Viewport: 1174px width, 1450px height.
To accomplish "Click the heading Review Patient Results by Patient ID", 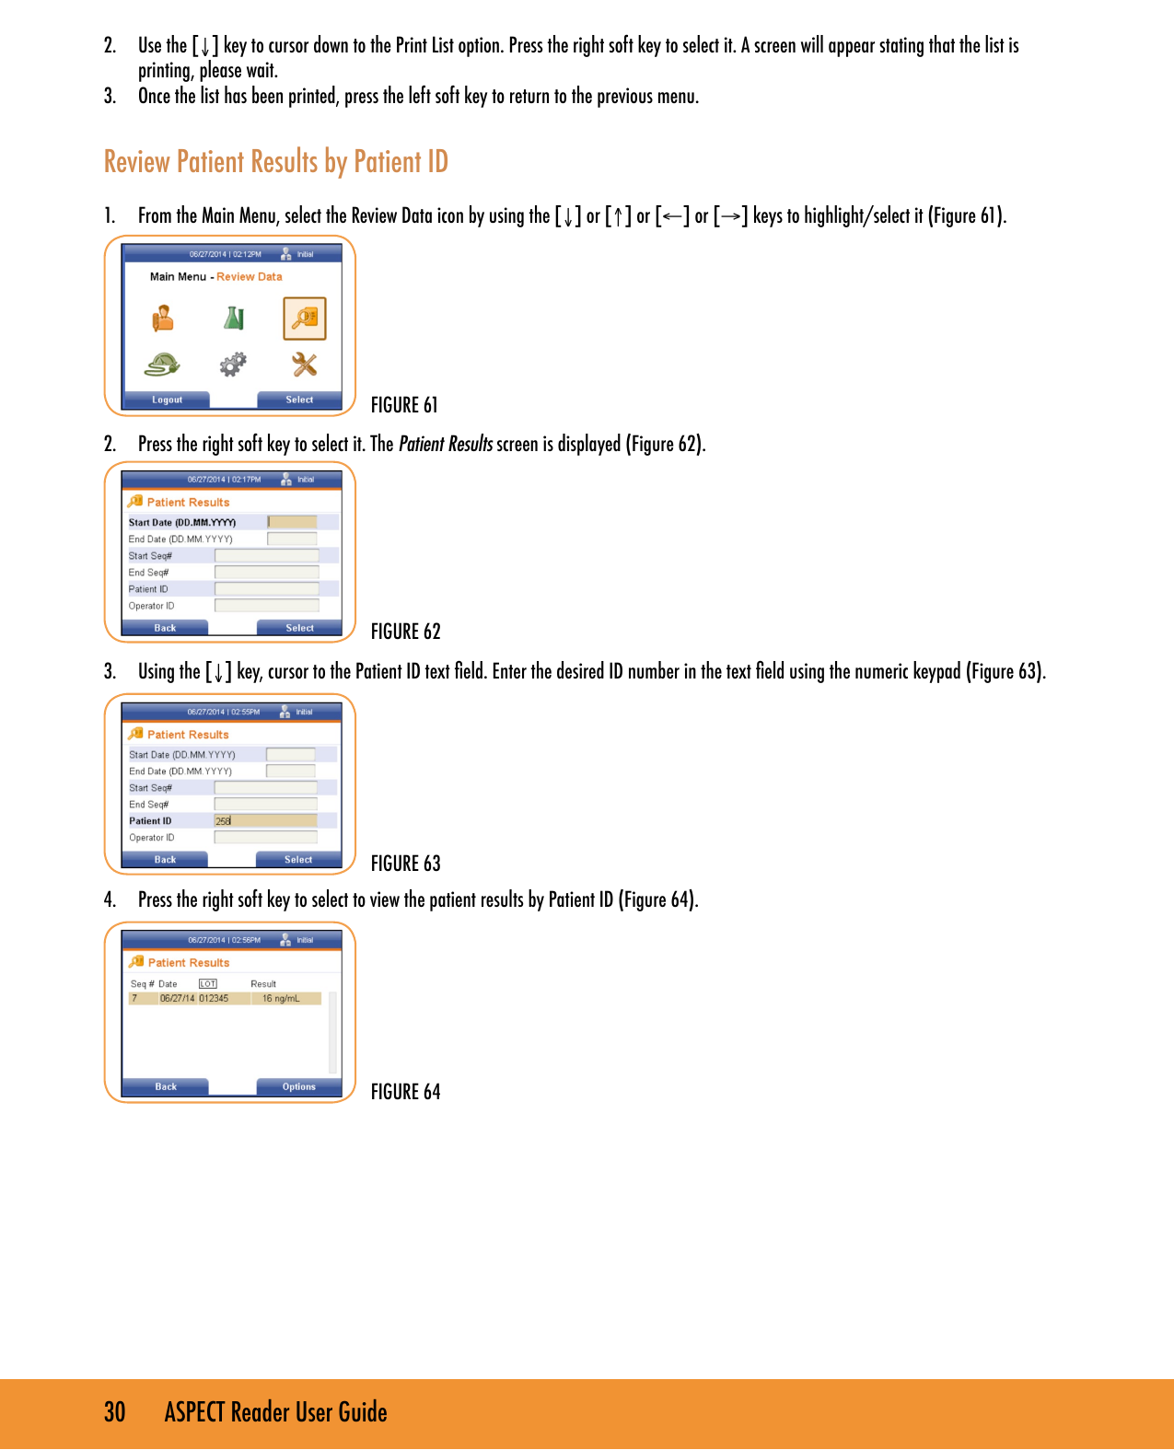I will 275,162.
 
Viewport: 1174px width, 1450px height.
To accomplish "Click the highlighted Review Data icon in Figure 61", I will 305,319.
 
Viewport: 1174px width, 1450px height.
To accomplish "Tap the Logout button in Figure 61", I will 167,400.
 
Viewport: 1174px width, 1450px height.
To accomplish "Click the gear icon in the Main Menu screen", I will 233,365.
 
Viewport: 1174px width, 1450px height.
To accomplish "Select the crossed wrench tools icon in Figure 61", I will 305,365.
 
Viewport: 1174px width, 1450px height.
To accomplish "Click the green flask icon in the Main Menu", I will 234,319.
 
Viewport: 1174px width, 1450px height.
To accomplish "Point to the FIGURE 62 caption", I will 405,632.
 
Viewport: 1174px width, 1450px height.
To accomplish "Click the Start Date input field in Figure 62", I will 292,522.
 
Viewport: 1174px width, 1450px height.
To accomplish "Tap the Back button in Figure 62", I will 165,628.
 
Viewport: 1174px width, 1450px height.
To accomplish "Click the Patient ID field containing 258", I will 265,821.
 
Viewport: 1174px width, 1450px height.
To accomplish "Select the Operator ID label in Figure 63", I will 151,838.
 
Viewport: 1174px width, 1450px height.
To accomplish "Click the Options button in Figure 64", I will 298,1087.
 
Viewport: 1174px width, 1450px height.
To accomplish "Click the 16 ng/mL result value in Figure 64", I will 281,999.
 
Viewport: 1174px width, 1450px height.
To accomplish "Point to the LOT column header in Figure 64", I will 208,984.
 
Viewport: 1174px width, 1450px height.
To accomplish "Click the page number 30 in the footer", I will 114,1412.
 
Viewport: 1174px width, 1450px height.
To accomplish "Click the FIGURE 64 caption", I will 405,1092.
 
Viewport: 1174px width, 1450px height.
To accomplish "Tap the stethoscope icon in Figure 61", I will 162,365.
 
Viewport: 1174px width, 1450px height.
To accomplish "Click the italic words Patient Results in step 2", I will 446,445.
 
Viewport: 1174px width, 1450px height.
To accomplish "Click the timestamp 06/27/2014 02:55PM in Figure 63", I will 223,712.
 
